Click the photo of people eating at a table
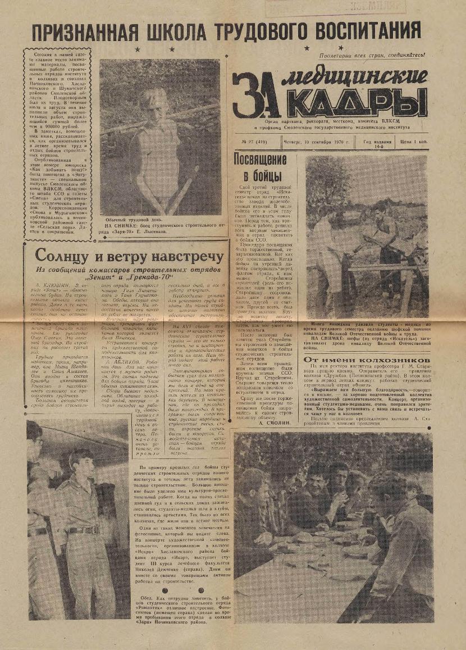[333, 517]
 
